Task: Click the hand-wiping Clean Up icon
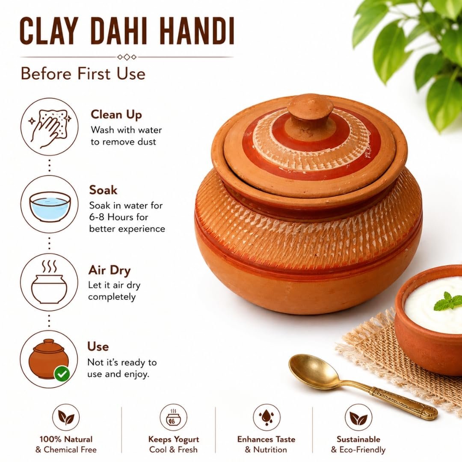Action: pyautogui.click(x=50, y=127)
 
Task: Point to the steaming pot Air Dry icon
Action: pyautogui.click(x=49, y=282)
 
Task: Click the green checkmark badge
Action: pyautogui.click(x=62, y=374)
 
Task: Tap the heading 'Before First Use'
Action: pyautogui.click(x=83, y=74)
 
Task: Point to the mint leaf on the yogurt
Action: pyautogui.click(x=447, y=301)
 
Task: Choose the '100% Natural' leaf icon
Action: pyautogui.click(x=66, y=417)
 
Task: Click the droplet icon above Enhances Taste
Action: pyautogui.click(x=267, y=417)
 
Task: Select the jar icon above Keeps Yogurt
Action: pyautogui.click(x=173, y=417)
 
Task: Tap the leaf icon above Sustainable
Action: pyautogui.click(x=358, y=417)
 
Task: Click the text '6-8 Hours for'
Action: pyautogui.click(x=119, y=217)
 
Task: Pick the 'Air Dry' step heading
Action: pyautogui.click(x=110, y=270)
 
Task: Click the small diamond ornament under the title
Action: pyautogui.click(x=127, y=57)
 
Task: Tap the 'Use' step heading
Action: pyautogui.click(x=98, y=346)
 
